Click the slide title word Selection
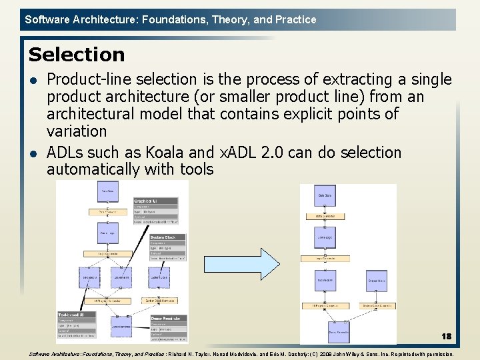77,55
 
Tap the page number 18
445,337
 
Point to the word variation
77,131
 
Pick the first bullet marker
33,81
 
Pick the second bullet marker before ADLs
33,154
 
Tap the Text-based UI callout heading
71,315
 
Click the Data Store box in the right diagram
325,196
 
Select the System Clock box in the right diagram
376,280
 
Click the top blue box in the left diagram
106,191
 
